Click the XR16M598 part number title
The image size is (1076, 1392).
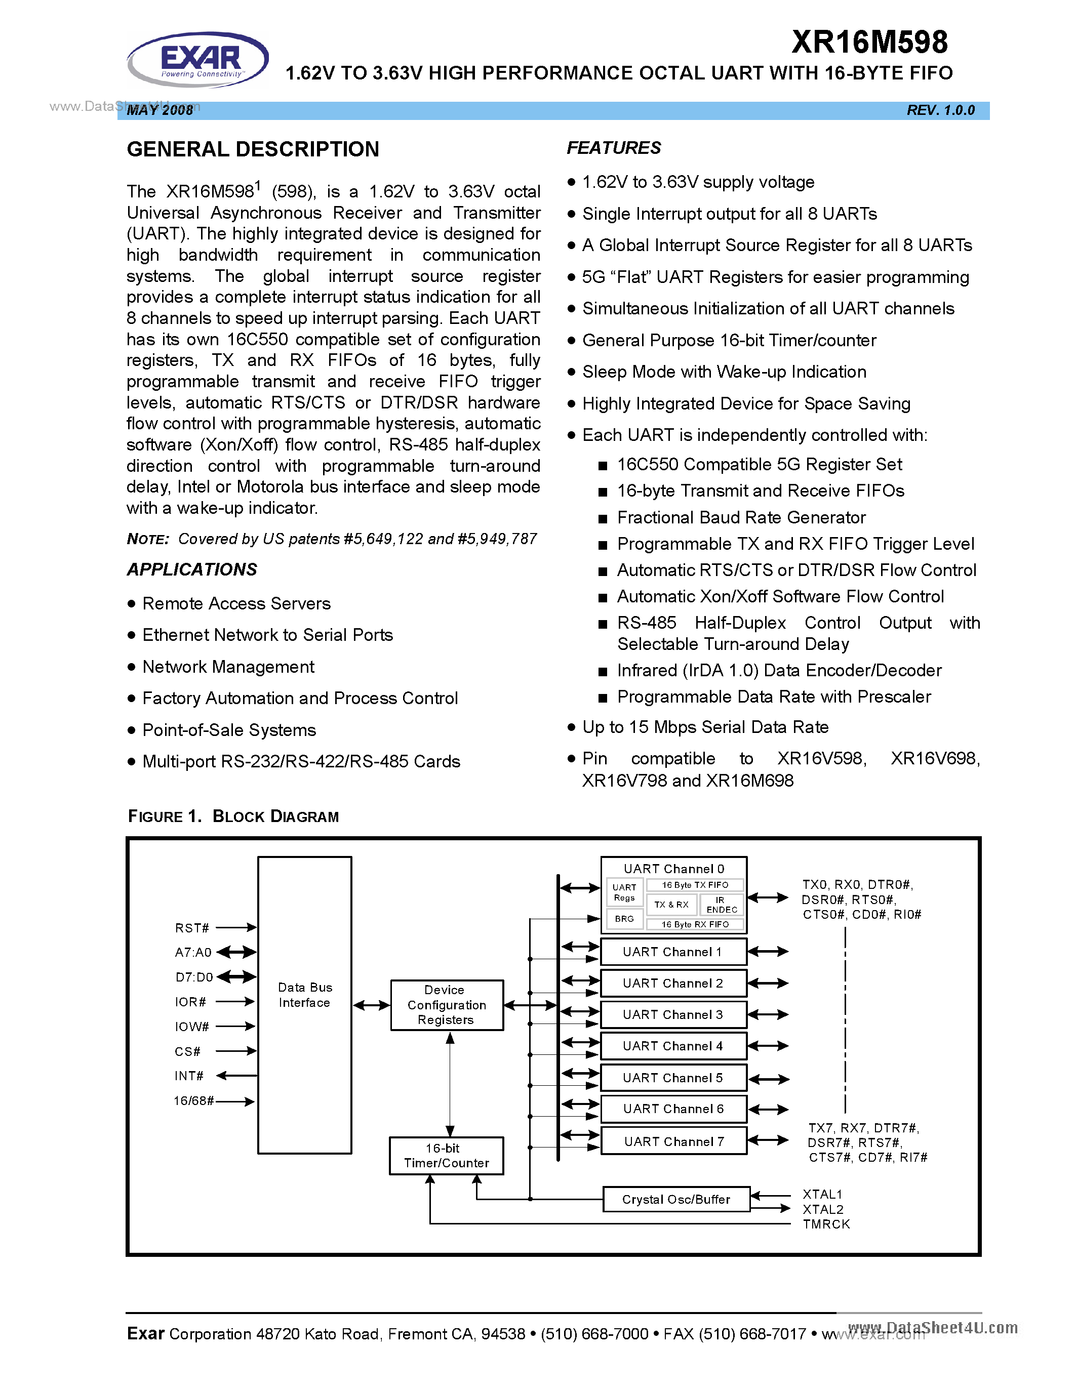(869, 43)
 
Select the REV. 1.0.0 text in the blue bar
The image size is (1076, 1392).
(940, 110)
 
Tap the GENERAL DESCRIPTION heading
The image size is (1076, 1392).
(253, 149)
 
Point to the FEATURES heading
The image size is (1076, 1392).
(613, 148)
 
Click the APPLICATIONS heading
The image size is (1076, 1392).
(192, 569)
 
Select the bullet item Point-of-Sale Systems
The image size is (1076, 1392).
(229, 730)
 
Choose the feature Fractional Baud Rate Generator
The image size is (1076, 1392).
(741, 517)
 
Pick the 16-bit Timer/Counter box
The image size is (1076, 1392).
(446, 1155)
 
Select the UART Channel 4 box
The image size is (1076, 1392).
(672, 1046)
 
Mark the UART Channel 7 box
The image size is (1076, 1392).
(673, 1141)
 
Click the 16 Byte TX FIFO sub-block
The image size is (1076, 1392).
(694, 885)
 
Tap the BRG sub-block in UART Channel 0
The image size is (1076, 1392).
(624, 918)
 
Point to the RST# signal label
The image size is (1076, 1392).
(192, 928)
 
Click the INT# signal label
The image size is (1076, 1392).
(189, 1076)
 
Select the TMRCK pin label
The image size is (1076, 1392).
(826, 1224)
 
